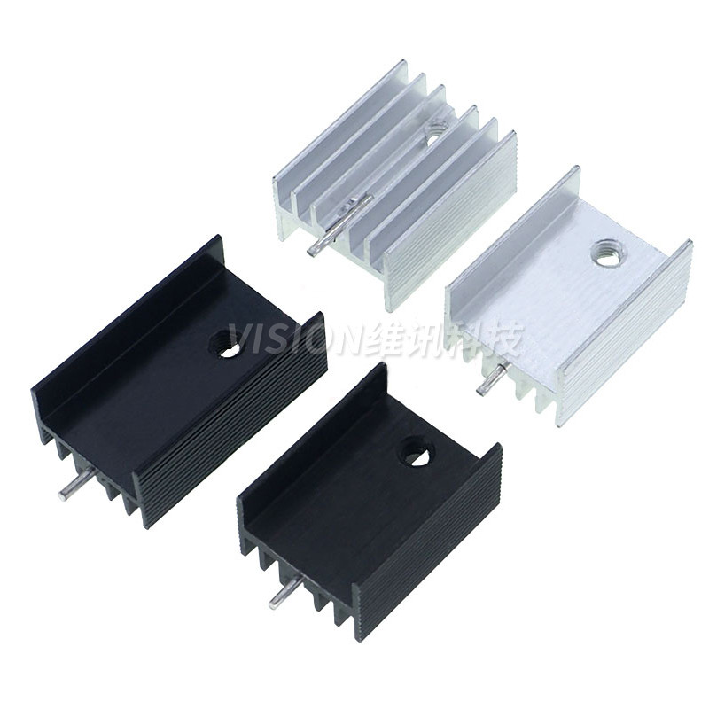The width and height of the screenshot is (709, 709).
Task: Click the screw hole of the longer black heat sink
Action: click(x=225, y=344)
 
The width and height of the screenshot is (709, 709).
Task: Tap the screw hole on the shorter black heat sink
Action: click(x=417, y=451)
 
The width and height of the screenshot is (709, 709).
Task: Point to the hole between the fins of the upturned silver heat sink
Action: click(x=436, y=129)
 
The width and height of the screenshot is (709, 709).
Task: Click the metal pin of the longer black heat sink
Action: click(x=76, y=482)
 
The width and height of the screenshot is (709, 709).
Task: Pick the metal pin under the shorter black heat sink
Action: click(x=285, y=592)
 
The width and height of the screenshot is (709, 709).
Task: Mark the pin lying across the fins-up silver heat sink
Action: click(x=339, y=224)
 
